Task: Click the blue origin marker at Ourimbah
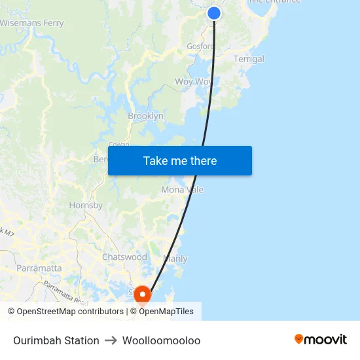pos(214,13)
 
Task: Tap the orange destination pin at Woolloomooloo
pos(142,295)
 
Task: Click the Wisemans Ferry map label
pos(31,23)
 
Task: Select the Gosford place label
pos(200,46)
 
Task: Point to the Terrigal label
pos(249,59)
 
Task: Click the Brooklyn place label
pos(145,116)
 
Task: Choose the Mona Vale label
pos(183,190)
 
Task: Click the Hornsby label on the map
pos(86,206)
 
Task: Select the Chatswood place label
pos(124,257)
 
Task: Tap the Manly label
pos(175,259)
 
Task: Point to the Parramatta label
pos(39,268)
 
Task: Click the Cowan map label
pos(118,144)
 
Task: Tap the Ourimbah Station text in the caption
pos(56,340)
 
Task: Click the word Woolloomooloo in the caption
pos(161,340)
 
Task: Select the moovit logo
pos(320,340)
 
